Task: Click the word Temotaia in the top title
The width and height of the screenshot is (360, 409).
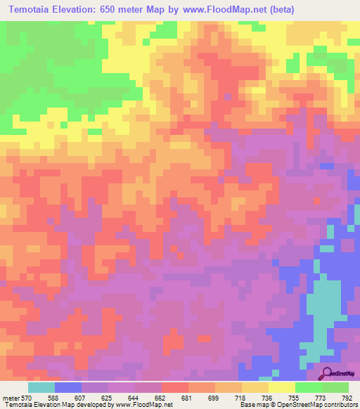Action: pos(35,9)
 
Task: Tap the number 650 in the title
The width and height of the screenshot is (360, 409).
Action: pos(120,9)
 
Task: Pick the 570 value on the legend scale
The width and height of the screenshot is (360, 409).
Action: pos(29,398)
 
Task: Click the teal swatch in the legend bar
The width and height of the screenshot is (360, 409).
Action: pos(41,387)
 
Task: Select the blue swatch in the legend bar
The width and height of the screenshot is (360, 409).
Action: pos(68,387)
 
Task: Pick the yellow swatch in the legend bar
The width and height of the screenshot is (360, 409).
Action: pos(282,387)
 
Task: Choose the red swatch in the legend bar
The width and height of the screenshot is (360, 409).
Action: pos(175,387)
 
